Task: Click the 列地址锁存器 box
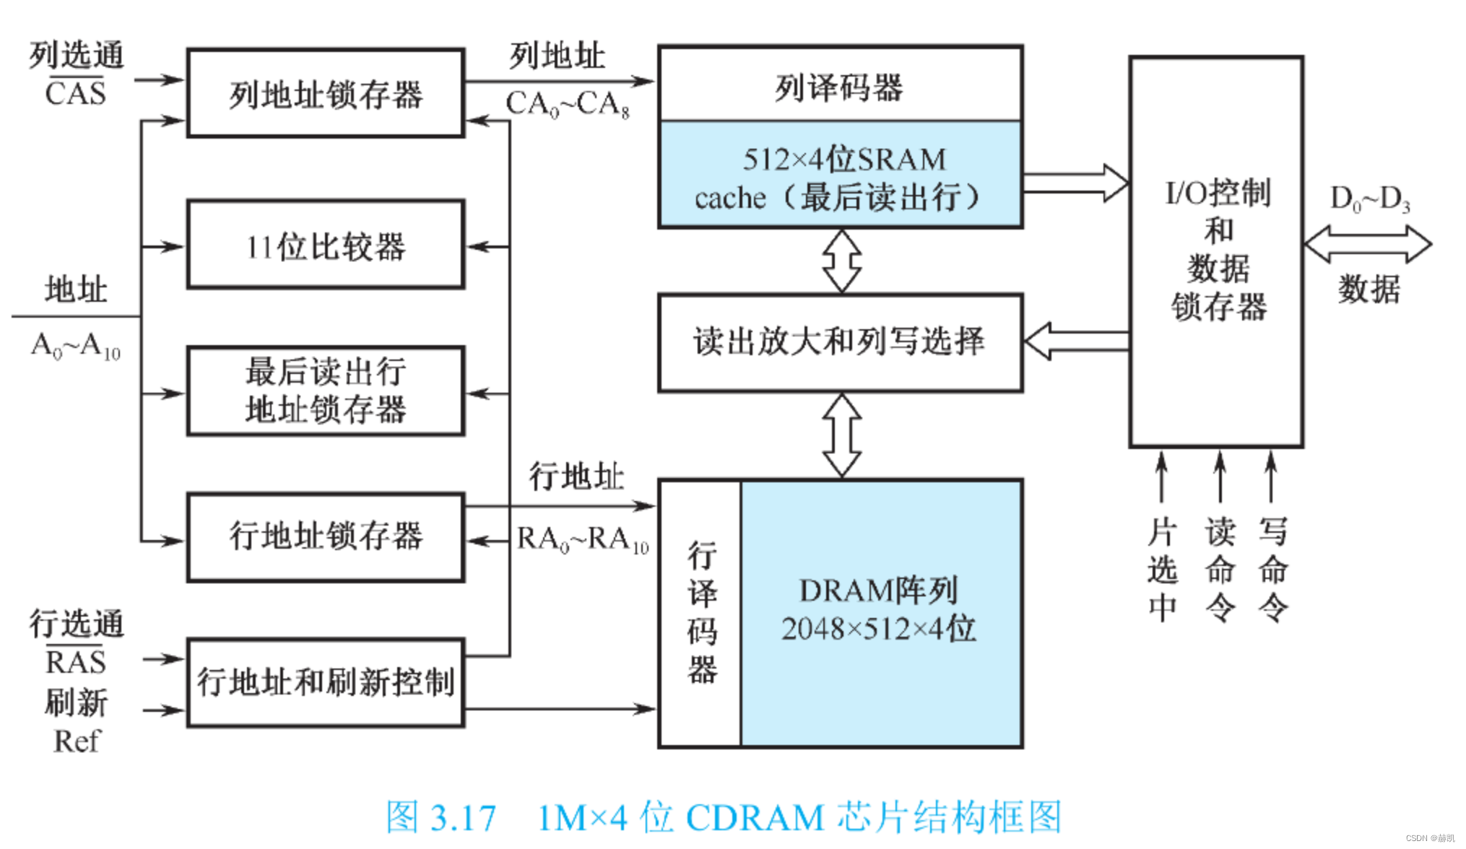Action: [x=325, y=93]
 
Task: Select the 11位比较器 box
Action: [x=325, y=245]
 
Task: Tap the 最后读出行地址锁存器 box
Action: [x=325, y=391]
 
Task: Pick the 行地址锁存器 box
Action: [x=325, y=537]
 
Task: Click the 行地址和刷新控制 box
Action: [x=325, y=682]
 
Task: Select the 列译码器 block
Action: [x=840, y=85]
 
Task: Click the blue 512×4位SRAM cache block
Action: [x=840, y=176]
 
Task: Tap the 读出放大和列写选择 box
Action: [x=840, y=342]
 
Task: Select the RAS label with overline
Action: [x=76, y=661]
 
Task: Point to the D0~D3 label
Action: [x=1369, y=198]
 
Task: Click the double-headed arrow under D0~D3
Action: [x=1368, y=244]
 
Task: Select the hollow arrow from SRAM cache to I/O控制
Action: [x=1075, y=183]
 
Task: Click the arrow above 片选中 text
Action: [x=1161, y=476]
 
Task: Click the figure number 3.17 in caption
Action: [x=463, y=818]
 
